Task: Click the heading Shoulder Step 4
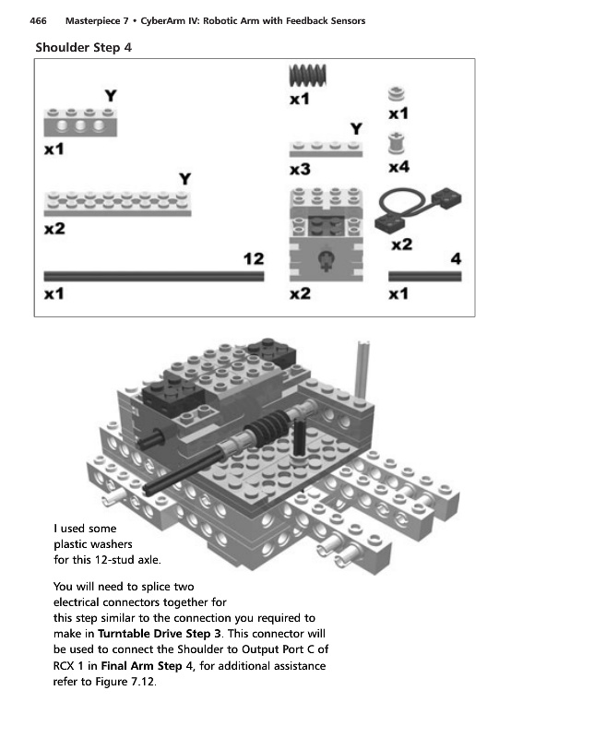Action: [84, 47]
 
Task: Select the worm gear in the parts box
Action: [310, 76]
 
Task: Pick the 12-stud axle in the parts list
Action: [153, 275]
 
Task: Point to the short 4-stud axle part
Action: [425, 275]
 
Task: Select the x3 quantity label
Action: [299, 170]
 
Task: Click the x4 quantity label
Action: [398, 168]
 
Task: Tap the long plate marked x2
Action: [118, 202]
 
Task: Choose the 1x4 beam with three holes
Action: [74, 121]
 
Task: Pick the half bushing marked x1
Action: [398, 94]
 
